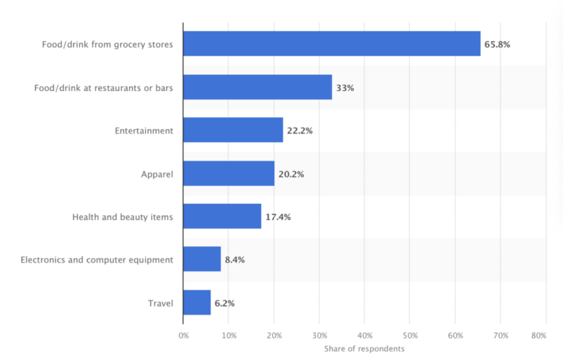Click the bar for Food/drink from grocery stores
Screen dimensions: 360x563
pos(331,44)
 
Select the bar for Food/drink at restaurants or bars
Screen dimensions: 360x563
pos(257,87)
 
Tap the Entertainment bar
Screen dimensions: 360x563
pos(233,131)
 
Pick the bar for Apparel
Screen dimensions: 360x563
pos(229,174)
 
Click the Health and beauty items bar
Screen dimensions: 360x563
pos(222,216)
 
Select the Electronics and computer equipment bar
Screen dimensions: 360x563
pos(202,259)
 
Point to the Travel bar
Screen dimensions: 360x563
pos(197,302)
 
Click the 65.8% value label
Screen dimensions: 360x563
pos(497,45)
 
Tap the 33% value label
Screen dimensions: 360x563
pos(345,88)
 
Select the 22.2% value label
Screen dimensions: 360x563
pos(300,131)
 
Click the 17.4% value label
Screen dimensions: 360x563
pos(278,217)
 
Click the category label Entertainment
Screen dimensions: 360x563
pos(144,131)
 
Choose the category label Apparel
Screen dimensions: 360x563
pos(157,174)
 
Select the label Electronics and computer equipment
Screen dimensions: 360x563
pos(97,260)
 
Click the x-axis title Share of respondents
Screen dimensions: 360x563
pos(364,348)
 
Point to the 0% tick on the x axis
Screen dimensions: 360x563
pos(183,335)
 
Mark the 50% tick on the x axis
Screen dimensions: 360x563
pos(409,335)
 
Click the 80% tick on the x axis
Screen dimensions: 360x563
pos(539,335)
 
